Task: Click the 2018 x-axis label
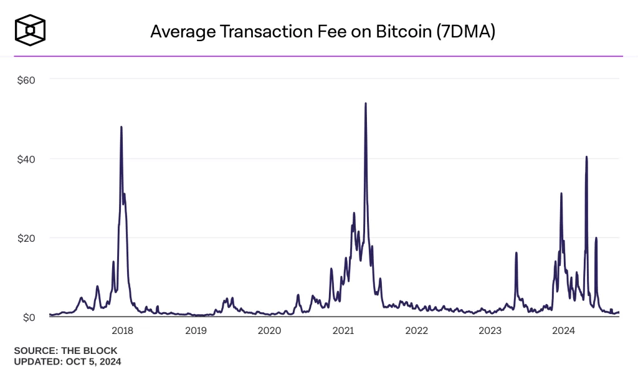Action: tap(122, 330)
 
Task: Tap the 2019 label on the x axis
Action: tap(196, 330)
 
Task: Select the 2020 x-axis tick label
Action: tap(269, 330)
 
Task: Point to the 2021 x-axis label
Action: tap(343, 330)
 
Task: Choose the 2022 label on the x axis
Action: tap(416, 330)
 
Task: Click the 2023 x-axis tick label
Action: tap(490, 330)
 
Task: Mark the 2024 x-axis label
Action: tap(563, 330)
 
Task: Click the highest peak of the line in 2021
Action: tap(365, 104)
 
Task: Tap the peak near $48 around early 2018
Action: tap(121, 127)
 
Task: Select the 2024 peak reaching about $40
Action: tap(586, 157)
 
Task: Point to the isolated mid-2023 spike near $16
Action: tap(517, 253)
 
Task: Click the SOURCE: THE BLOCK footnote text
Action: tap(65, 351)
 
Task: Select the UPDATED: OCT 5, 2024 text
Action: tap(67, 361)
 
